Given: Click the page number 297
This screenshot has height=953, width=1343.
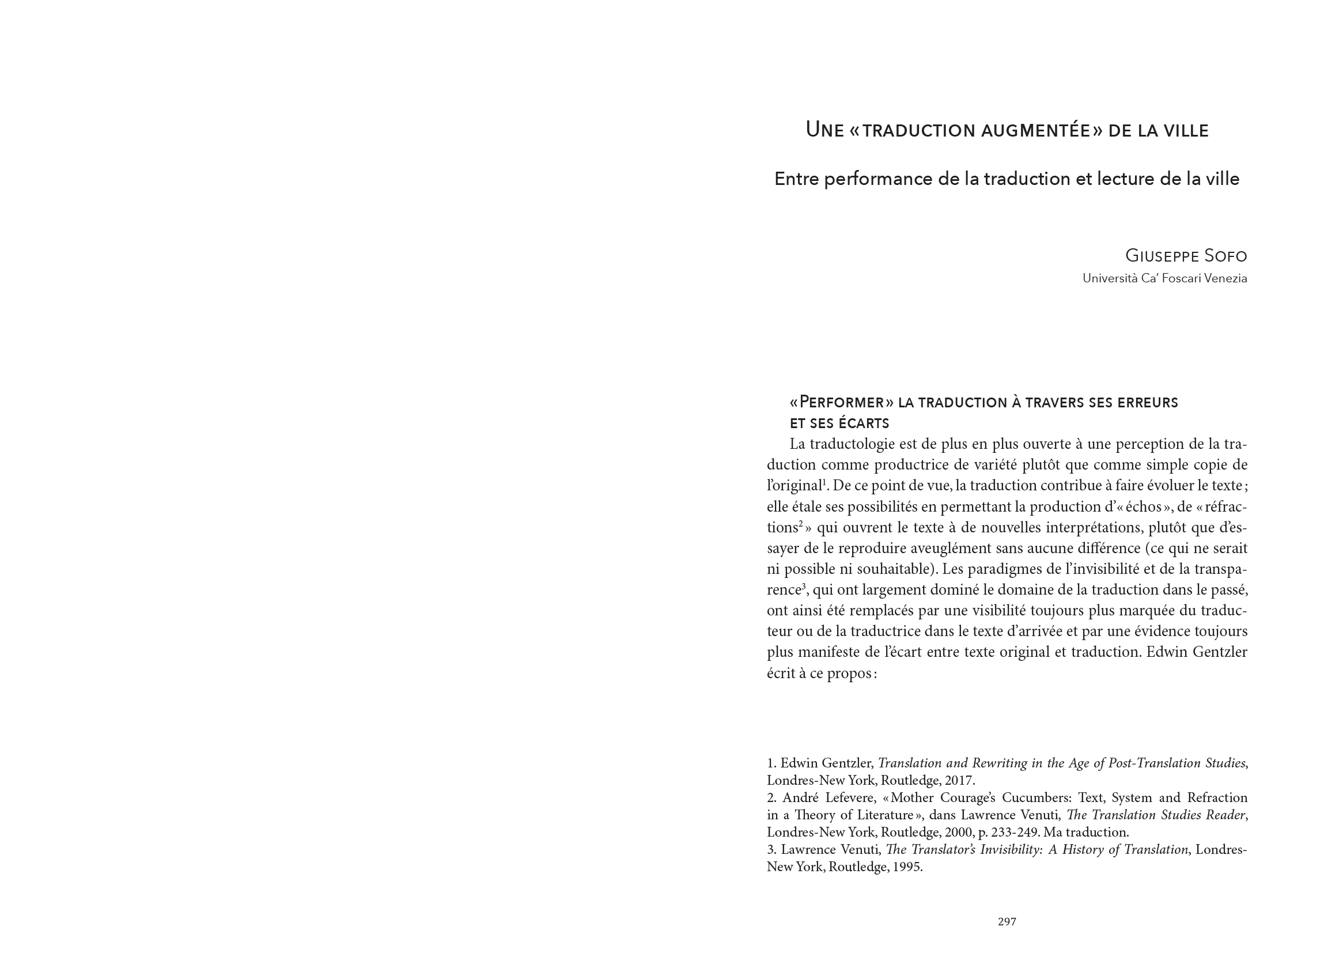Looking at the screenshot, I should pyautogui.click(x=1007, y=921).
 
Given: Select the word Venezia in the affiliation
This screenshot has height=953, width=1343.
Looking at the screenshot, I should pyautogui.click(x=1225, y=278).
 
